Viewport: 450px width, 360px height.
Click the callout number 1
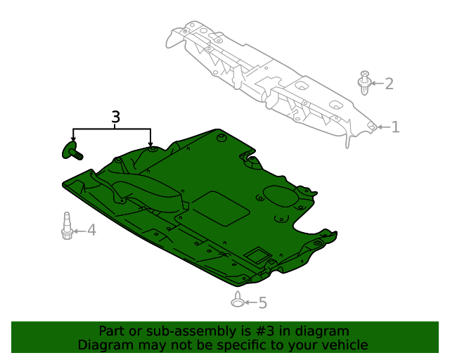pos(395,127)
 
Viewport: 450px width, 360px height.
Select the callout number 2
pos(389,84)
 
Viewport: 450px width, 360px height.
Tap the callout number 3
pos(116,117)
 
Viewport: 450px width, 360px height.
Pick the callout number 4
pos(91,230)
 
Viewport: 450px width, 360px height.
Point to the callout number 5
pos(263,303)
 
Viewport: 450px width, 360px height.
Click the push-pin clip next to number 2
pos(364,83)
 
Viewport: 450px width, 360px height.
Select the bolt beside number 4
pos(67,226)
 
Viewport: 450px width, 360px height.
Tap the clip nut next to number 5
pos(238,301)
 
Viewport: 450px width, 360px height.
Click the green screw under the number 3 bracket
pos(72,150)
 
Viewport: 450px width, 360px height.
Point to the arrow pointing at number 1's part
pos(382,127)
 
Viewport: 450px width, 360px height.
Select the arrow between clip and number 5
pos(250,303)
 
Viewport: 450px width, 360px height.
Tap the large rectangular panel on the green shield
pos(219,208)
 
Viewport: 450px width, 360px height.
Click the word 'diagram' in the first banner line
pos(322,331)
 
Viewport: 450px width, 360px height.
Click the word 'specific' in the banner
pos(235,345)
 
